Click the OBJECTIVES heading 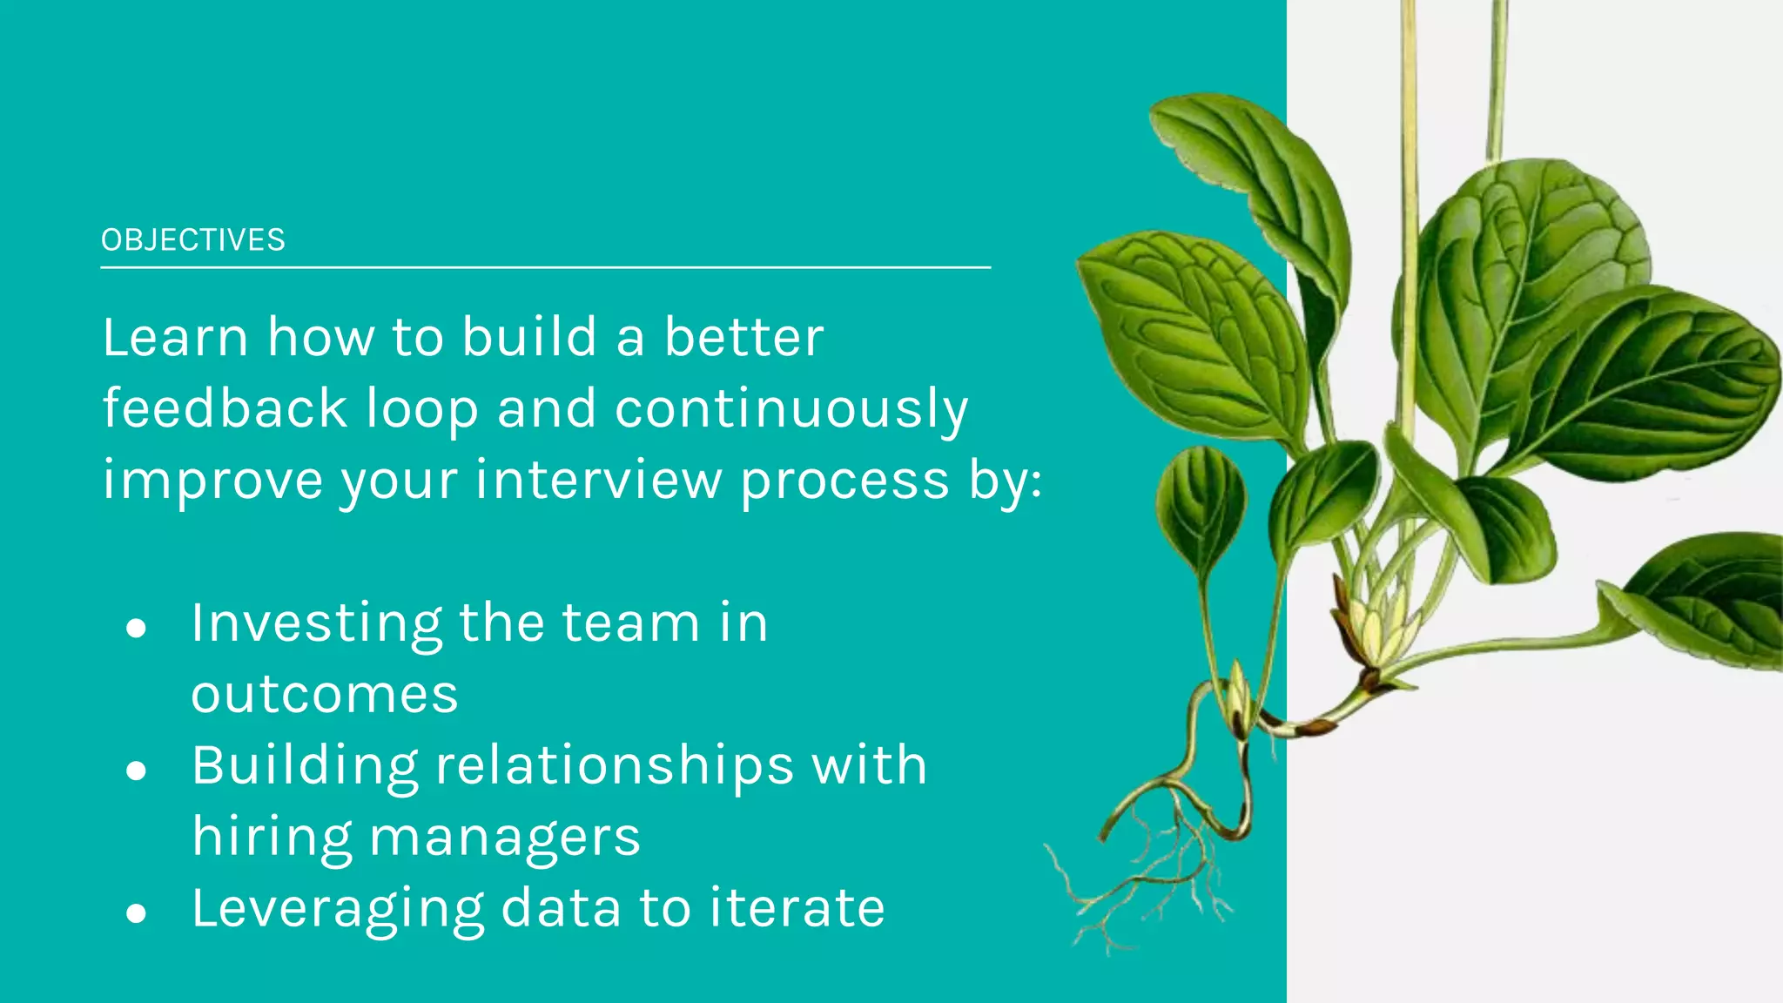coord(192,240)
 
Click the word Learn coord(175,337)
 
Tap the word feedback coord(225,408)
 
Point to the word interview coord(598,481)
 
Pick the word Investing coord(316,624)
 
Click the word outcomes coord(325,695)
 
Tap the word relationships coord(615,766)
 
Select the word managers coord(505,838)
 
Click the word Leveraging coord(338,909)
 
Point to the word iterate coord(797,908)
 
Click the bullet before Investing coord(136,628)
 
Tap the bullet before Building coord(136,771)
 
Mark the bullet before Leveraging coord(136,913)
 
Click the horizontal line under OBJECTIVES coord(545,267)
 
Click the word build coord(529,337)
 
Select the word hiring coord(271,838)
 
